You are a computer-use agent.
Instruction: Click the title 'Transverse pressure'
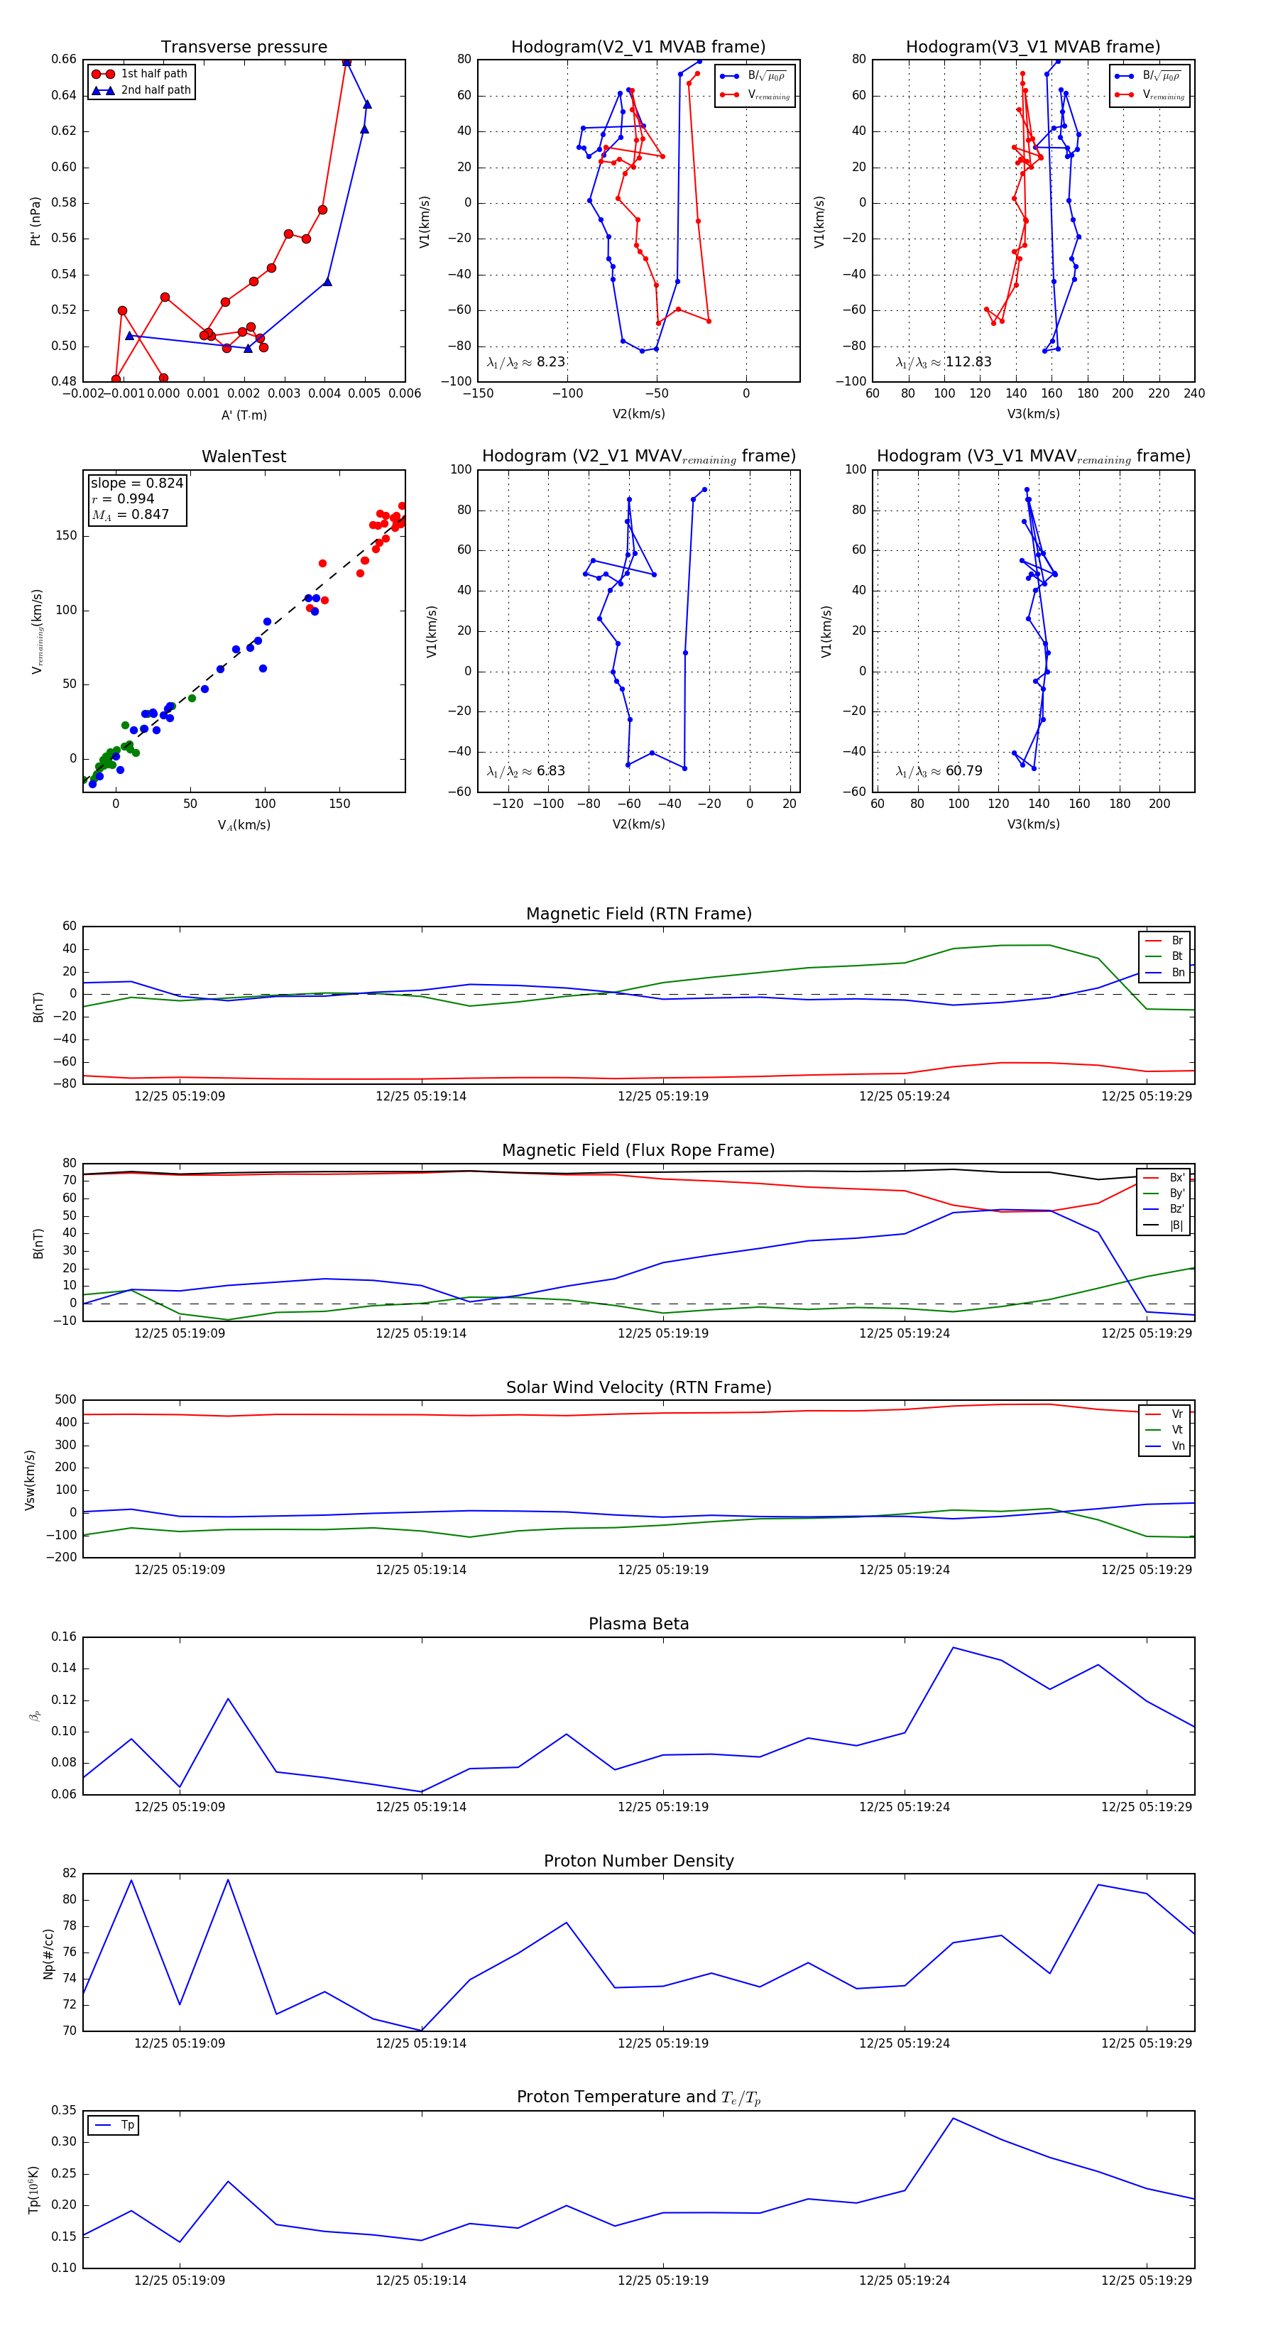(244, 48)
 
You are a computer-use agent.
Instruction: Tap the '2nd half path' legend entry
(155, 90)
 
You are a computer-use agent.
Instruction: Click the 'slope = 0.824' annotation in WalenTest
(136, 483)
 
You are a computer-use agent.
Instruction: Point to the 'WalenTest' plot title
(244, 457)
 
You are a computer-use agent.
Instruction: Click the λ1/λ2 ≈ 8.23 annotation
(525, 362)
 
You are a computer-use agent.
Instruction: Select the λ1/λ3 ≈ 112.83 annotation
(944, 362)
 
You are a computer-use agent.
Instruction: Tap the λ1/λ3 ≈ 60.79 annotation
(939, 771)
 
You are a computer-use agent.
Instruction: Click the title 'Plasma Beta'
(638, 1624)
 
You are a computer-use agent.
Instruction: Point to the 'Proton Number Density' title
(638, 1861)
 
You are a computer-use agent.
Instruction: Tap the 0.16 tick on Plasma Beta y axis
(64, 1637)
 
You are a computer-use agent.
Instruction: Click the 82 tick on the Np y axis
(69, 1874)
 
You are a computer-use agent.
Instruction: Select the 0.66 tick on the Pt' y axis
(64, 59)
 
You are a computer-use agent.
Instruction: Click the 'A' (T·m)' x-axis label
(244, 415)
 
